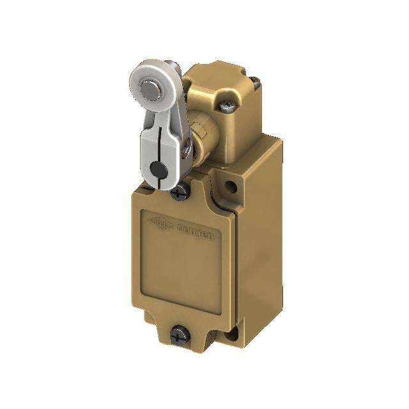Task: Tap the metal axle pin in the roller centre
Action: coord(150,88)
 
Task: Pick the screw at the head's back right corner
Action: coord(254,81)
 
